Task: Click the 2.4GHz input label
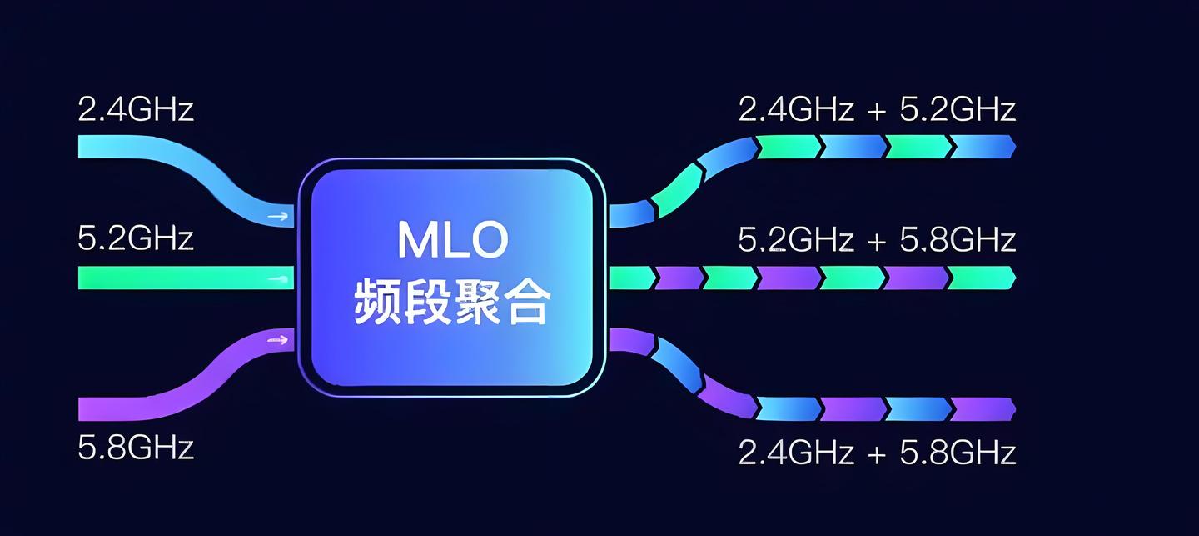click(x=135, y=109)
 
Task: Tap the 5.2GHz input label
click(x=135, y=239)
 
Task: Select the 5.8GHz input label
click(x=135, y=448)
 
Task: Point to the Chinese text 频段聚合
click(x=452, y=302)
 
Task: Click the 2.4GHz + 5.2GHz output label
click(x=877, y=109)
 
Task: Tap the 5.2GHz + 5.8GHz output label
click(x=877, y=240)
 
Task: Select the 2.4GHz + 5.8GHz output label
click(x=877, y=453)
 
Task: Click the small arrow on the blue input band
click(x=279, y=217)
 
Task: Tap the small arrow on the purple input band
click(x=279, y=340)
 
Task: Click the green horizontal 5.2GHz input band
click(x=183, y=278)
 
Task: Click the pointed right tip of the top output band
click(x=1012, y=147)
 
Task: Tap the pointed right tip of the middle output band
click(x=1012, y=278)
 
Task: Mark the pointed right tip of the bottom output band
click(x=1012, y=408)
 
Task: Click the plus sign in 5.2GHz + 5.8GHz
click(x=877, y=242)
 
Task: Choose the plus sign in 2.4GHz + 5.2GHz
click(x=877, y=111)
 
